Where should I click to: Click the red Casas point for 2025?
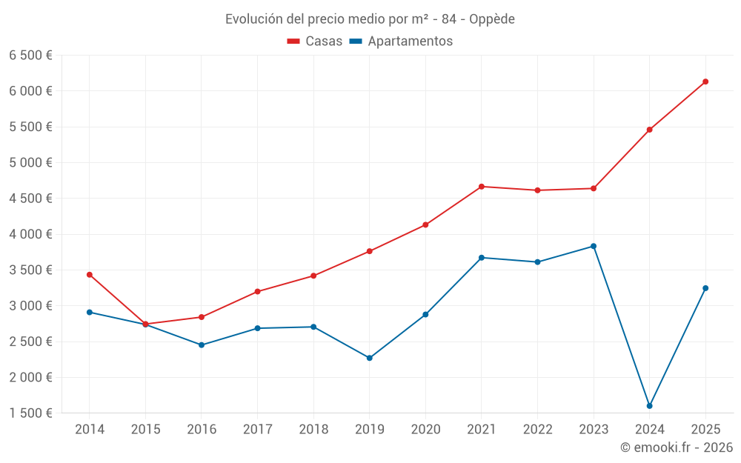pyautogui.click(x=705, y=81)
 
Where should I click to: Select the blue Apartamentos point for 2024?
pyautogui.click(x=649, y=406)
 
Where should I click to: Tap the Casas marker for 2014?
pyautogui.click(x=90, y=275)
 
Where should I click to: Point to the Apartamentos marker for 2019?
pyautogui.click(x=370, y=358)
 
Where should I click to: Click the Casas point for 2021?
pyautogui.click(x=482, y=187)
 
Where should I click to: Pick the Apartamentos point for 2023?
pyautogui.click(x=594, y=246)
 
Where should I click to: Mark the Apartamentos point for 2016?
pyautogui.click(x=202, y=345)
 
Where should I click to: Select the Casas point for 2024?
pyautogui.click(x=649, y=130)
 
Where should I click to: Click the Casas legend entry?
pyautogui.click(x=316, y=41)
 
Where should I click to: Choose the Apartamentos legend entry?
pyautogui.click(x=401, y=41)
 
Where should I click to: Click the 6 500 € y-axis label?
pyautogui.click(x=30, y=56)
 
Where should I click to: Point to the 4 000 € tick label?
pyautogui.click(x=30, y=234)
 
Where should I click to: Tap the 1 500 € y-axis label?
pyautogui.click(x=30, y=413)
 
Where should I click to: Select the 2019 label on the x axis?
pyautogui.click(x=370, y=429)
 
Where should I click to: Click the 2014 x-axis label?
pyautogui.click(x=90, y=429)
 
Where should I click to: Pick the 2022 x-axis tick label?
pyautogui.click(x=537, y=429)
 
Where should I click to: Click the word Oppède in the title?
pyautogui.click(x=492, y=19)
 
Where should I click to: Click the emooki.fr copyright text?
pyautogui.click(x=677, y=447)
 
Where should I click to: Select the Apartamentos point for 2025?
pyautogui.click(x=705, y=288)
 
